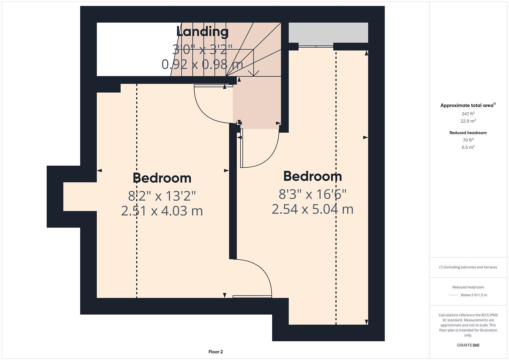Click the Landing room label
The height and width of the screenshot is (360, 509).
pyautogui.click(x=202, y=32)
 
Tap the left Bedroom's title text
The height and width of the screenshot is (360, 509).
pyautogui.click(x=162, y=178)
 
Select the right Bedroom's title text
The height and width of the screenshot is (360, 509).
pyautogui.click(x=312, y=176)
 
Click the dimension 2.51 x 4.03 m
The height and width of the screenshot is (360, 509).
pyautogui.click(x=162, y=211)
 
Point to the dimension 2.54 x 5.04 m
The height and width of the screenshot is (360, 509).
pyautogui.click(x=312, y=209)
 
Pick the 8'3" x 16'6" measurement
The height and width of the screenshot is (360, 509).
pyautogui.click(x=312, y=194)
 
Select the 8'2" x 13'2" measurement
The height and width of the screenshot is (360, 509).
pyautogui.click(x=162, y=196)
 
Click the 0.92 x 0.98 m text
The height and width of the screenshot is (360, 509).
pyautogui.click(x=202, y=64)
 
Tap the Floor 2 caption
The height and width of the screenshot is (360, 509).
pyautogui.click(x=216, y=352)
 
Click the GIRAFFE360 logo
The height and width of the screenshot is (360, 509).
pyautogui.click(x=468, y=345)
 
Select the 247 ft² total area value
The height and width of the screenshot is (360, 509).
pyautogui.click(x=468, y=114)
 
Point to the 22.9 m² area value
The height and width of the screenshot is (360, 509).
pyautogui.click(x=468, y=121)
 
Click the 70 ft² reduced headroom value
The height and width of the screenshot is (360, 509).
pyautogui.click(x=468, y=140)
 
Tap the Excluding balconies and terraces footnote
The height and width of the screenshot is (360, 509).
pyautogui.click(x=468, y=267)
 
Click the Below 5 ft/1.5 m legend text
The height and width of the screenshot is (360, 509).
pyautogui.click(x=474, y=295)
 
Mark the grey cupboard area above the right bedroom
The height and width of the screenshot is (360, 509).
pyautogui.click(x=328, y=33)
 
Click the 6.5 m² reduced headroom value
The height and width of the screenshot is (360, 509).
pyautogui.click(x=468, y=147)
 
